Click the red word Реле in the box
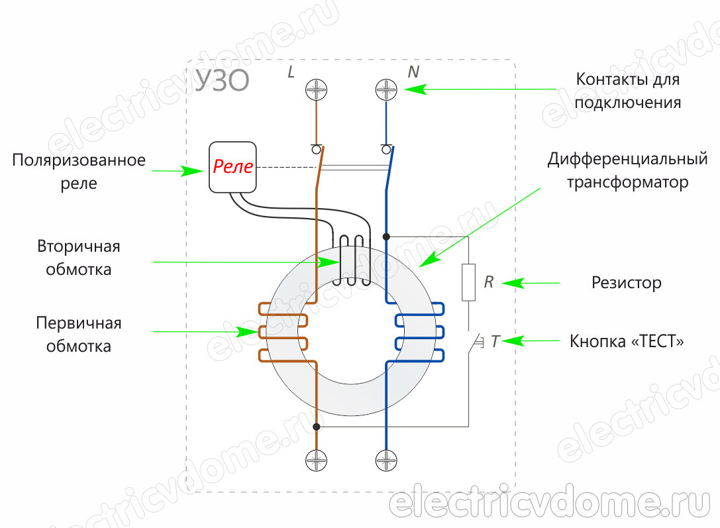pos(232,167)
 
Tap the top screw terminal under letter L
pos(317,89)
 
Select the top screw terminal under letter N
pos(386,89)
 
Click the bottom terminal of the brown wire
pos(317,459)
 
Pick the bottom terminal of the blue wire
pos(386,459)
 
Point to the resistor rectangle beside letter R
pos(469,282)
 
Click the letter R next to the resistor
pos(489,283)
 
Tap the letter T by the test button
pos(495,342)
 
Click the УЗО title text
pos(222,81)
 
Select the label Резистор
pos(626,284)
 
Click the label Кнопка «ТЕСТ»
pos(627,342)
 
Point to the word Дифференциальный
pos(627,159)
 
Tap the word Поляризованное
pos(79,161)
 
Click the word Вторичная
pos(79,247)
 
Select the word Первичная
pos(79,323)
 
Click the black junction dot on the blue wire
pos(386,236)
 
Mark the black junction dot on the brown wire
pos(317,427)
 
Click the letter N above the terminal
pos(413,72)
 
